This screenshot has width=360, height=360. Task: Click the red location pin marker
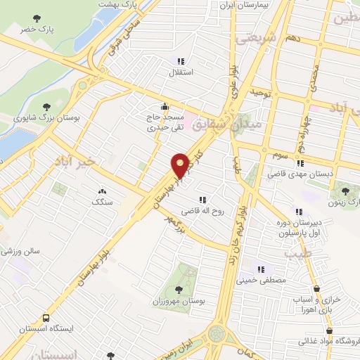(x=180, y=165)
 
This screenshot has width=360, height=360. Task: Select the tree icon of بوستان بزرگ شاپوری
(x=46, y=107)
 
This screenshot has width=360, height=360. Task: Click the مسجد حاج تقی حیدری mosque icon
(x=165, y=107)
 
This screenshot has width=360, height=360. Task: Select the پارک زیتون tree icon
(x=345, y=189)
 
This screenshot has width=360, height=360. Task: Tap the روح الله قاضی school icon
(x=205, y=200)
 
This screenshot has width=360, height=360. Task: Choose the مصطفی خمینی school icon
(x=261, y=268)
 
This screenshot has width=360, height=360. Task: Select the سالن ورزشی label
(x=20, y=250)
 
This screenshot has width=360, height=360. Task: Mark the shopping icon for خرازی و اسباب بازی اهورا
(x=318, y=289)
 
